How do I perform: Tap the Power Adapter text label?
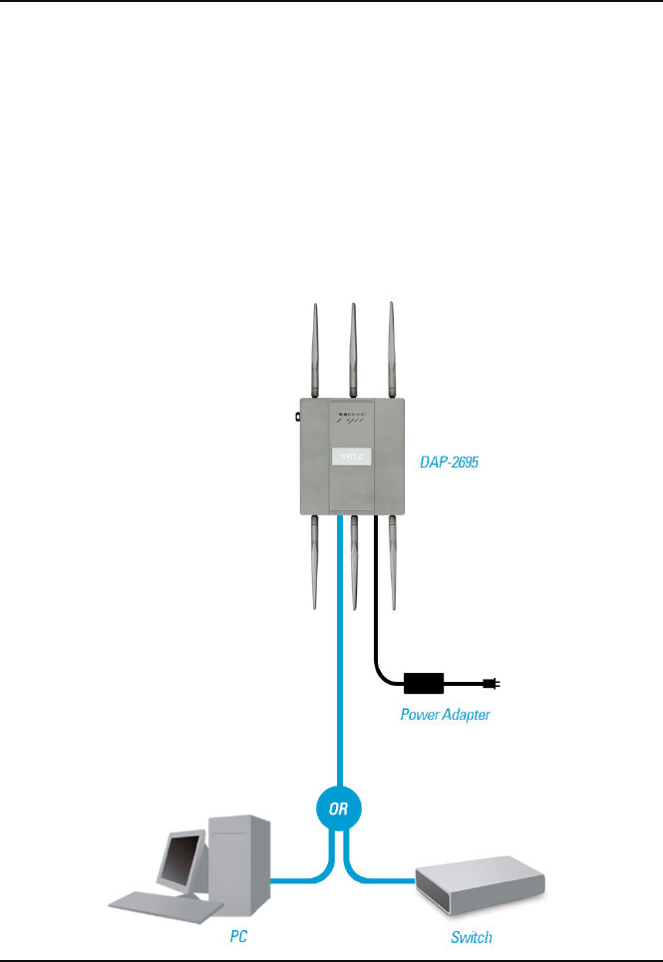[x=446, y=714]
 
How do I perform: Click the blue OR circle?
[x=339, y=808]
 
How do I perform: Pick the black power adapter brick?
[x=424, y=684]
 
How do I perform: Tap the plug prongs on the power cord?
[x=492, y=684]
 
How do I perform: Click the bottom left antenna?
[x=314, y=563]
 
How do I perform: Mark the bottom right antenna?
[x=392, y=563]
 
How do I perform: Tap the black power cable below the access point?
[x=375, y=618]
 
